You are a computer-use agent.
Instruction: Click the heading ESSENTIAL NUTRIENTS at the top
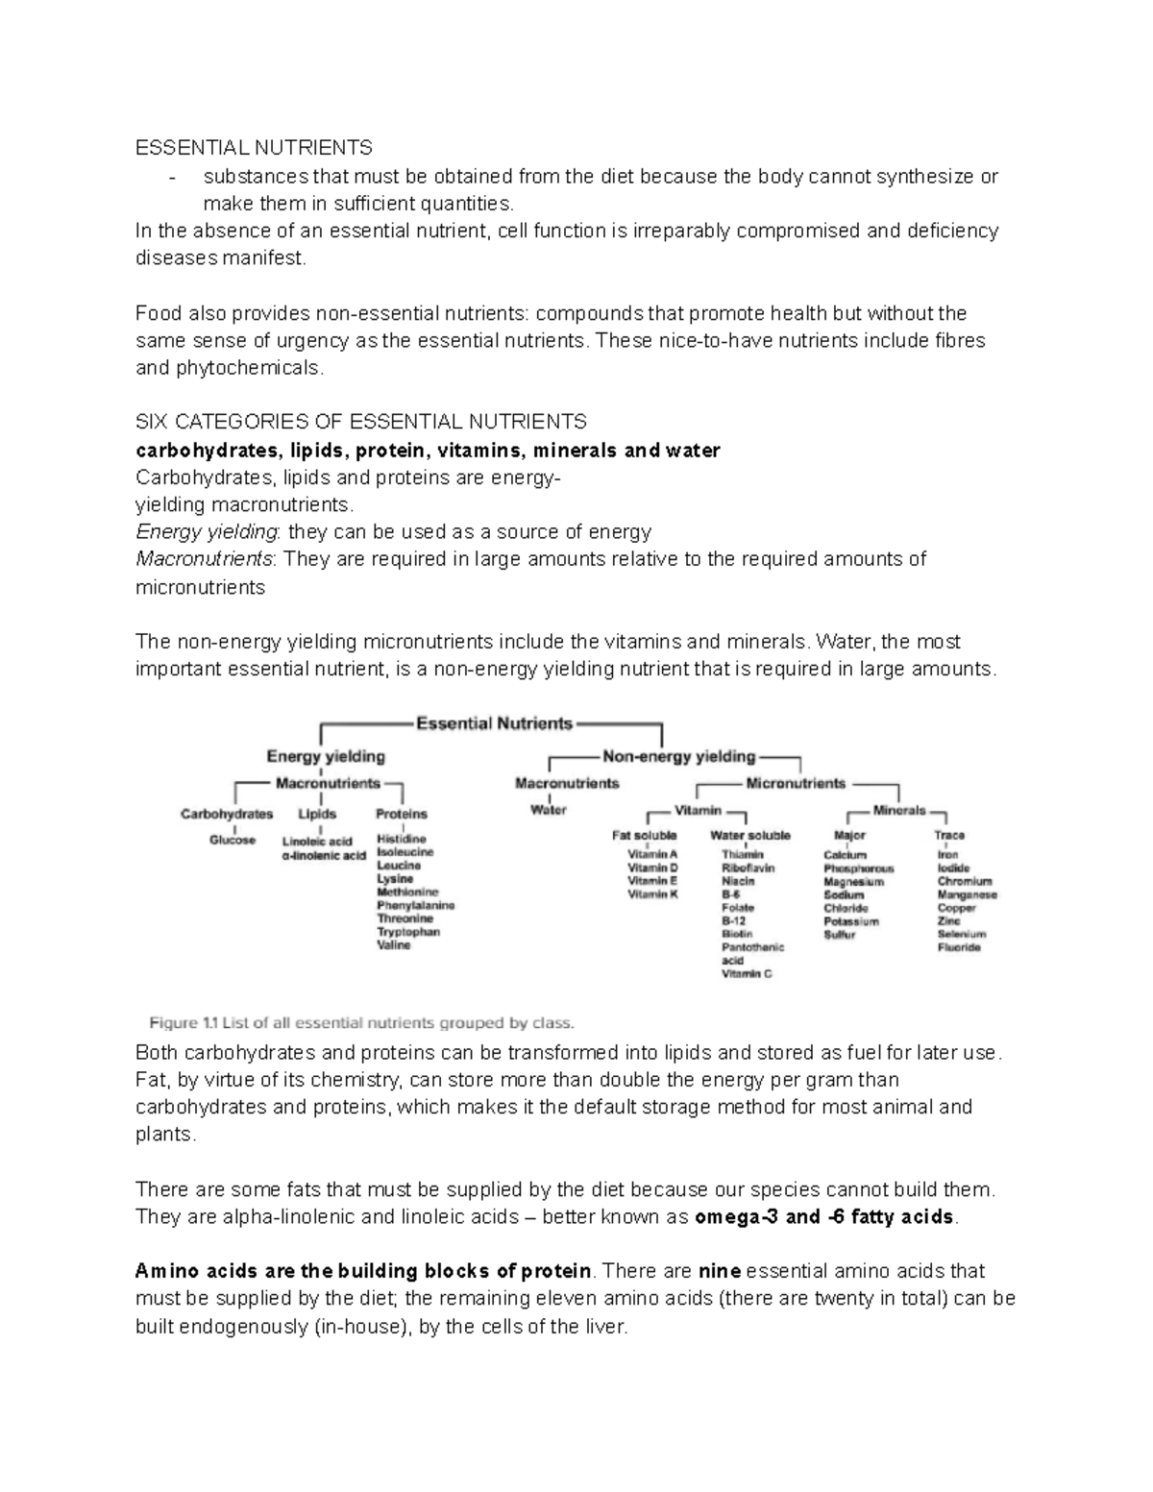(254, 148)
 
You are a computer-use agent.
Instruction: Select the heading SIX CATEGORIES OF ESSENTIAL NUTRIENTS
(360, 422)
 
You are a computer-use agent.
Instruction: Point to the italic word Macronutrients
(205, 559)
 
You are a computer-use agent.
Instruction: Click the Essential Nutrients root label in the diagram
(494, 723)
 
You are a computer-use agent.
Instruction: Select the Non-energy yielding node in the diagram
(678, 756)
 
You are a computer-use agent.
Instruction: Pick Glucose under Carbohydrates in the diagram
(233, 840)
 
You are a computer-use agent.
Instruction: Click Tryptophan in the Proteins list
(408, 932)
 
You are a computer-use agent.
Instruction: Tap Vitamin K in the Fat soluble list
(652, 894)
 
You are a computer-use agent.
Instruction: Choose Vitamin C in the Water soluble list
(747, 973)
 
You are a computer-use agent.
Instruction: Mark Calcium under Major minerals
(845, 855)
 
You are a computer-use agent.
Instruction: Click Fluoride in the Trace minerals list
(959, 947)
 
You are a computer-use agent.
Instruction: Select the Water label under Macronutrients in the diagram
(549, 810)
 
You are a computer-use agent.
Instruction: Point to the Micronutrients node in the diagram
(796, 783)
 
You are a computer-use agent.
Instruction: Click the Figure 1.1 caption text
(361, 1022)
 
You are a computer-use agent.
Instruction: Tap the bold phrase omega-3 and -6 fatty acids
(825, 1217)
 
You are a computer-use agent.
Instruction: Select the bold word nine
(720, 1271)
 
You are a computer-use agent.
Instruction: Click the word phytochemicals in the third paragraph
(249, 368)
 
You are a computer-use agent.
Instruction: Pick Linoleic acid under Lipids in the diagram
(317, 841)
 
